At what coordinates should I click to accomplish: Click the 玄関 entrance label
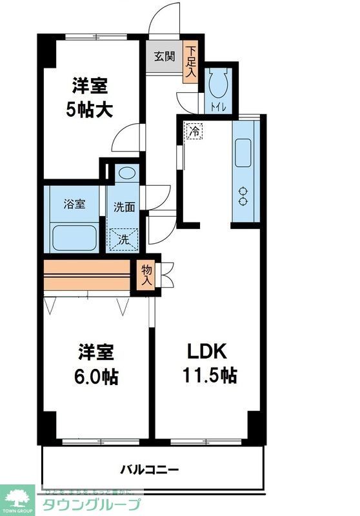click(x=163, y=56)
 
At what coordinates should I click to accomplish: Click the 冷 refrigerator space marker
click(x=194, y=131)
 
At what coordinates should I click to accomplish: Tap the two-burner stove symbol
click(x=245, y=195)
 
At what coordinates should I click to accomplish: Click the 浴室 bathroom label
click(x=74, y=205)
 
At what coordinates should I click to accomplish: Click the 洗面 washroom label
click(x=125, y=207)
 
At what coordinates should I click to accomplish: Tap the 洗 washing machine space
click(x=123, y=239)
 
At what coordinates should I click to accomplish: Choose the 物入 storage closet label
click(x=146, y=275)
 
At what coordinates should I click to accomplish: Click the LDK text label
click(x=206, y=352)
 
